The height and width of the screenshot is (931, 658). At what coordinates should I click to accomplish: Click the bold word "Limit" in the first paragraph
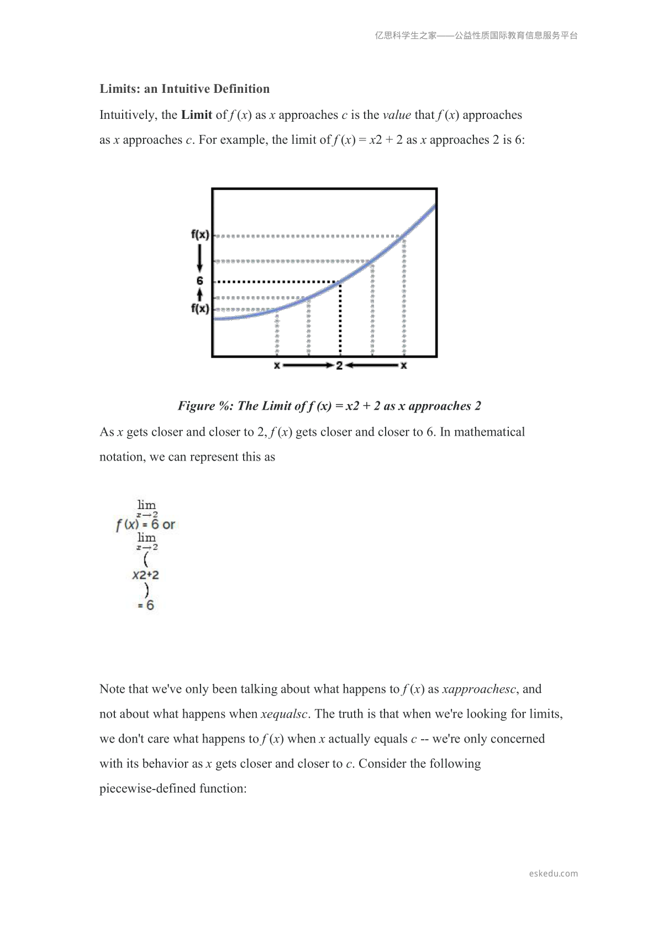click(x=197, y=115)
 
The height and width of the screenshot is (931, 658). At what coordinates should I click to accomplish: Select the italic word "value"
click(x=397, y=115)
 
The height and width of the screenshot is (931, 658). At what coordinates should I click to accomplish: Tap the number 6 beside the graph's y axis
click(x=200, y=281)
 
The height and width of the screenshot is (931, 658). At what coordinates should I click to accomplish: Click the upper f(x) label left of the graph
click(x=200, y=234)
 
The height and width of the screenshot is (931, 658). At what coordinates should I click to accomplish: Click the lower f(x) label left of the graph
click(x=200, y=308)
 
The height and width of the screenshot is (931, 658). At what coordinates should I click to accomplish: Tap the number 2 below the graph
click(x=339, y=365)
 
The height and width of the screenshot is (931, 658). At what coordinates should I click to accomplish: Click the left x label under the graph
click(x=277, y=365)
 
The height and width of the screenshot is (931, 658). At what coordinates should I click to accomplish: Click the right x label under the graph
click(x=404, y=365)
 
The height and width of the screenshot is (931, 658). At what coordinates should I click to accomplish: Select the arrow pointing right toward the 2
click(x=307, y=365)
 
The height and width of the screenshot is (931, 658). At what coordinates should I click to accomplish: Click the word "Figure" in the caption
click(x=196, y=406)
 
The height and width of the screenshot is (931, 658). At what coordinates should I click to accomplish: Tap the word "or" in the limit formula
click(x=169, y=525)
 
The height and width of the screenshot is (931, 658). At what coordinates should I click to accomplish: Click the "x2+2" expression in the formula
click(x=145, y=575)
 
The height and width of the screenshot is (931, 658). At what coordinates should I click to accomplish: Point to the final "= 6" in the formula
click(x=146, y=605)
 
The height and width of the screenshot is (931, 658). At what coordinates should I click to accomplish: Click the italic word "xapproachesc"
click(x=479, y=689)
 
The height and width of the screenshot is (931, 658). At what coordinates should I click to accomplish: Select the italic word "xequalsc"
click(x=283, y=714)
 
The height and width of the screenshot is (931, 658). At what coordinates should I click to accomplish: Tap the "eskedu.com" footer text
click(x=553, y=874)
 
